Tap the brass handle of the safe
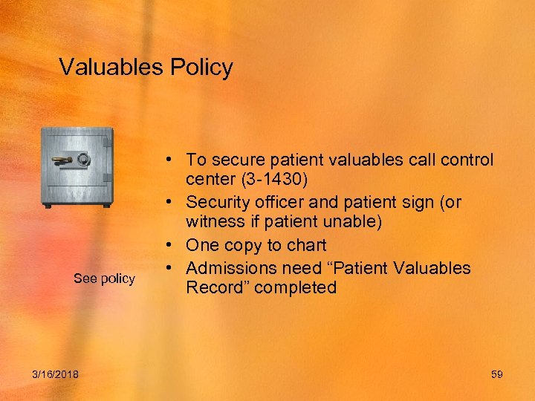[62, 160]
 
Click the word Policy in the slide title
[201, 68]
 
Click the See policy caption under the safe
[104, 278]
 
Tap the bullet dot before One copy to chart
[171, 245]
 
